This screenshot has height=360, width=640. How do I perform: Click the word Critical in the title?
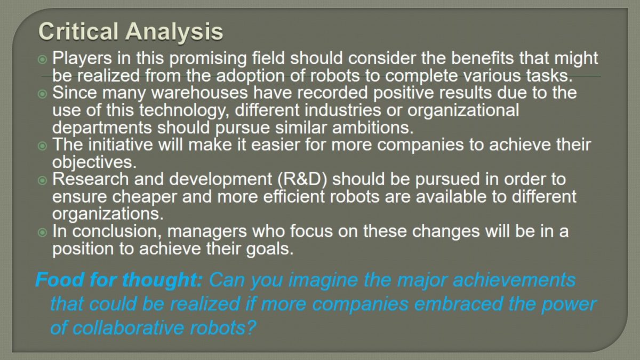[78, 31]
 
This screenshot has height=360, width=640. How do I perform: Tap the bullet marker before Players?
[42, 59]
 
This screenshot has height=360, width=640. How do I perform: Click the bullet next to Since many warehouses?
[42, 94]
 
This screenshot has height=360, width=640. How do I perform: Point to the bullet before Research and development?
[42, 180]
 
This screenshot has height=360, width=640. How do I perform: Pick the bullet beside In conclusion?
[42, 233]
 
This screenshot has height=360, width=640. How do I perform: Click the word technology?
[183, 111]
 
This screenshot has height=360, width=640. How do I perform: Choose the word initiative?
[121, 145]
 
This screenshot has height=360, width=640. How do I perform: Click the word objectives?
[94, 163]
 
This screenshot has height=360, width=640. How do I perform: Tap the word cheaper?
[145, 198]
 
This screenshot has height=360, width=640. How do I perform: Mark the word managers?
[207, 232]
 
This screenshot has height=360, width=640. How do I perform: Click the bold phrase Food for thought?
[119, 281]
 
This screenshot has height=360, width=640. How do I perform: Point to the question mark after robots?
[251, 327]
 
